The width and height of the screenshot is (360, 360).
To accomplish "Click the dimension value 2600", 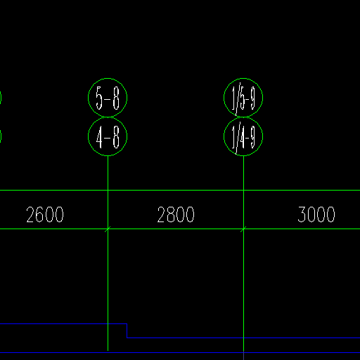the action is (45, 214).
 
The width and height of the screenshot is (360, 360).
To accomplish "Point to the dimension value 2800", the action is (176, 214).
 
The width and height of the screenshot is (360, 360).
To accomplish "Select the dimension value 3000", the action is (316, 214).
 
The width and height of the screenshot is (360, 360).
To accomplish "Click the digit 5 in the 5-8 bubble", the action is (99, 98).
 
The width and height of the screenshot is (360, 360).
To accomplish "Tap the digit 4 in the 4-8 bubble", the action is (99, 137).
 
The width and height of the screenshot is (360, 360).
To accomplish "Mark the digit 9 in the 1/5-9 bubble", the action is (253, 98).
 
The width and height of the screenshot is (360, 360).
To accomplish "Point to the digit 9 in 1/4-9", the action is (253, 137).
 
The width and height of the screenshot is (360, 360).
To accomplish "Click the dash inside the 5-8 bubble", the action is (107, 99).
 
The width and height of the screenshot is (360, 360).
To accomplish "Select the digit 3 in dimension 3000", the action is (302, 214).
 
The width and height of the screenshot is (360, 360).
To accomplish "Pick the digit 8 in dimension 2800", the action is (172, 214).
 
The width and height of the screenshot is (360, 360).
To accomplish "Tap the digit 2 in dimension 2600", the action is (30, 214).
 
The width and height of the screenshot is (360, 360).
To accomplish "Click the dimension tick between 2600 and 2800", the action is (108, 229).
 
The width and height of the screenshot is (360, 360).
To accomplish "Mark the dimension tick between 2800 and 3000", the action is (243, 229).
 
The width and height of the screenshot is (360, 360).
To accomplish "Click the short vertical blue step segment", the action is (127, 330).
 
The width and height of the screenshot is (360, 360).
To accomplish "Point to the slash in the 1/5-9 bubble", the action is (238, 99).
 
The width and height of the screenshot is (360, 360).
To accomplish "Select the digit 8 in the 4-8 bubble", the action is (116, 137).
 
